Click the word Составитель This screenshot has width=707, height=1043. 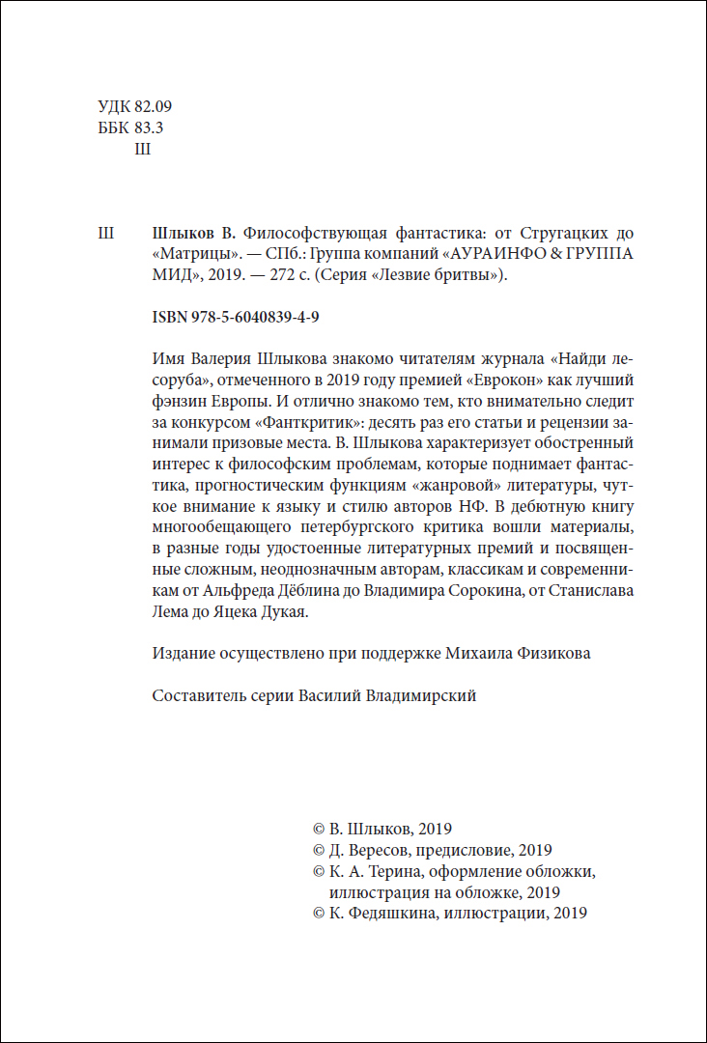pyautogui.click(x=199, y=695)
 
